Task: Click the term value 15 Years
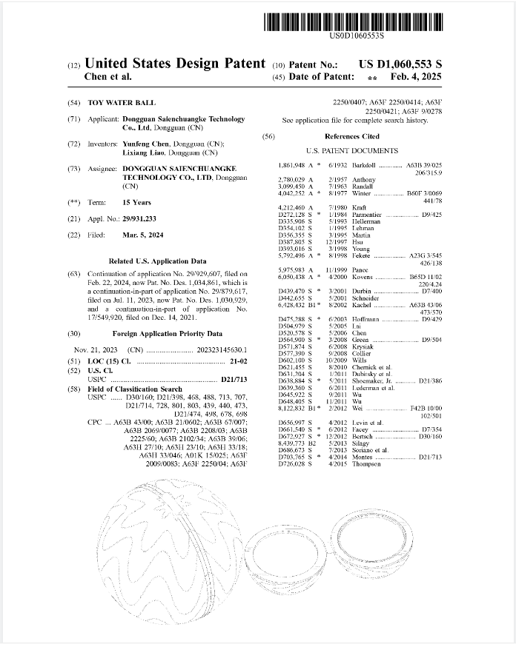tap(136, 203)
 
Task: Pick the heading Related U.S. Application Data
tap(157, 261)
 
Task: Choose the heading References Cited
tap(352, 136)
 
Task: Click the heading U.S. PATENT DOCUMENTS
tap(352, 150)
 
